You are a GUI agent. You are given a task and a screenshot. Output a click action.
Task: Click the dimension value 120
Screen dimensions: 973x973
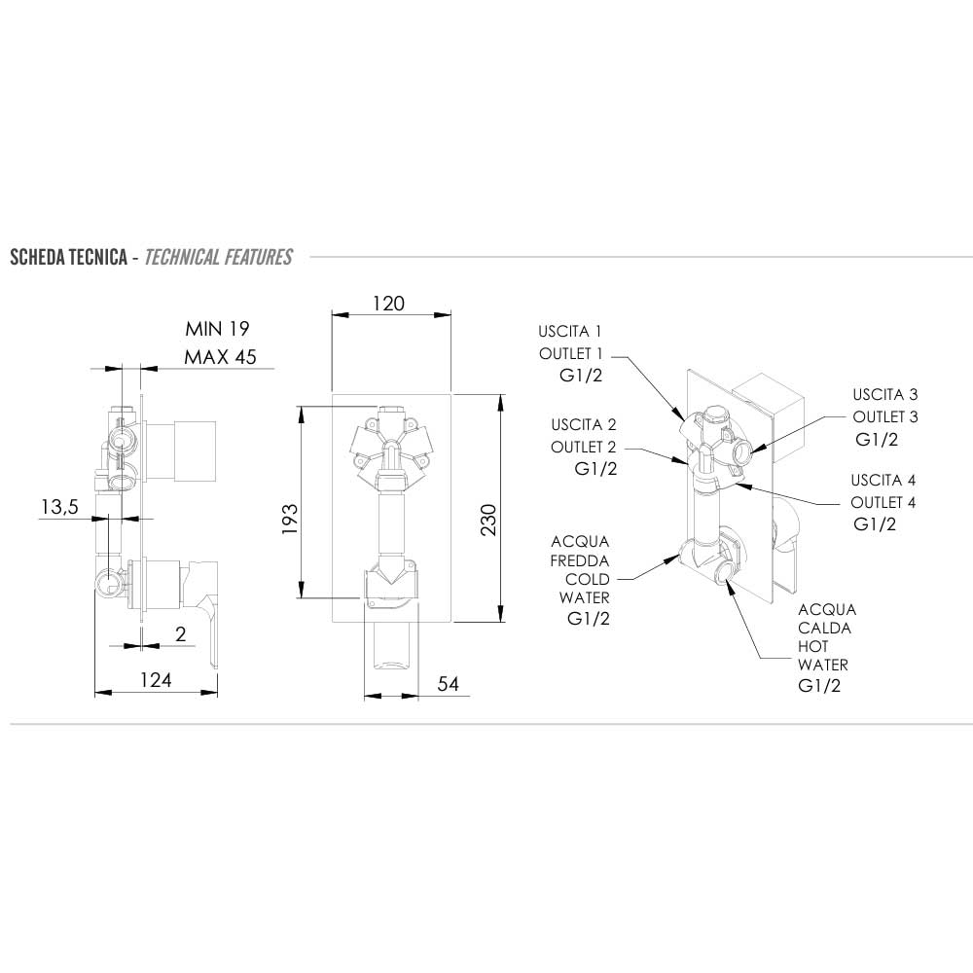(388, 304)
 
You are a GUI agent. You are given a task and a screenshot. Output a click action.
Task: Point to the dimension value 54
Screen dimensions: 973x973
(448, 684)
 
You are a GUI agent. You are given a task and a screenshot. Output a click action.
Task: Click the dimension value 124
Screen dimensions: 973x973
(155, 680)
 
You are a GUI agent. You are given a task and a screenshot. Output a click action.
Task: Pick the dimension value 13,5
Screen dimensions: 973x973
(59, 507)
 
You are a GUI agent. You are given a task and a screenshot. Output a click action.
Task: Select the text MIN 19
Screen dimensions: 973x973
(210, 329)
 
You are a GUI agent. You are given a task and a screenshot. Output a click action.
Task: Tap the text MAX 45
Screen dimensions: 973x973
(220, 357)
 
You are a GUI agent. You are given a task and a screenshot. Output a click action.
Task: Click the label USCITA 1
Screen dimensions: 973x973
(571, 330)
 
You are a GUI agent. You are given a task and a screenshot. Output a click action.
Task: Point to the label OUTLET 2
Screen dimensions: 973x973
(584, 447)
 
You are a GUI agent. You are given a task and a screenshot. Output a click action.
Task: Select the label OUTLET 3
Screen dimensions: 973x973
(885, 416)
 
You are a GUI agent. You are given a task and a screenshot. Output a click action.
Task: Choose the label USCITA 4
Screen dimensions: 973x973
(883, 481)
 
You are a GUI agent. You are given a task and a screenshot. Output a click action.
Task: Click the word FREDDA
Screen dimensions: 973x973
(580, 560)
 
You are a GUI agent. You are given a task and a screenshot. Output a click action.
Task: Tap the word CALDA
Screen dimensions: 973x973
(825, 629)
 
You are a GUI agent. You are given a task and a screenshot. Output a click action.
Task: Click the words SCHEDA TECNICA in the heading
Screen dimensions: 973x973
(68, 258)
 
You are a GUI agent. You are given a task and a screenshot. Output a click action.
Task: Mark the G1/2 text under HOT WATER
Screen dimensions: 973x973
(819, 686)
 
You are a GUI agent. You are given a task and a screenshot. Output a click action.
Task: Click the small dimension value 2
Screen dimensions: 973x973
(180, 633)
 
